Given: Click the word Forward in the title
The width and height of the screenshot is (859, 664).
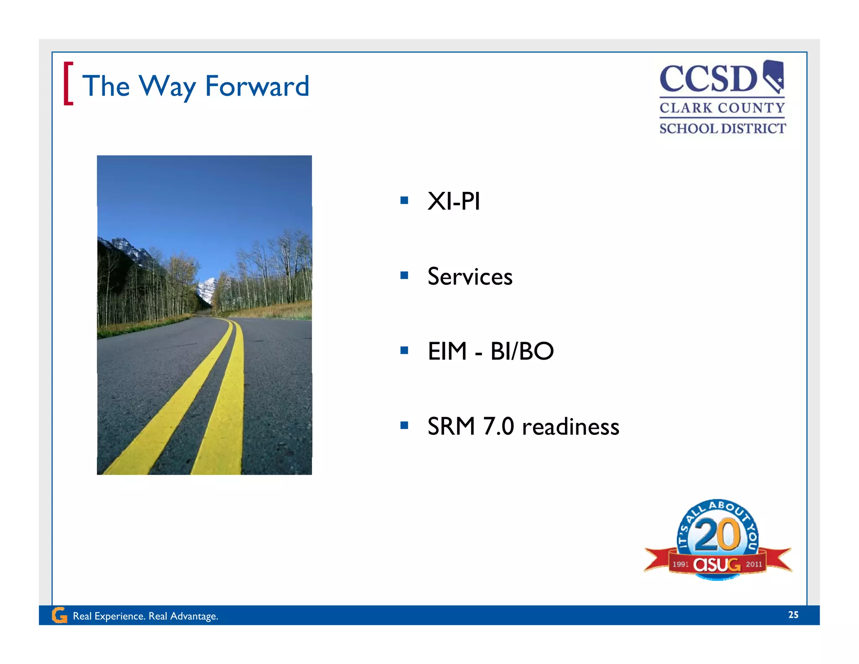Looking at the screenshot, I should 257,86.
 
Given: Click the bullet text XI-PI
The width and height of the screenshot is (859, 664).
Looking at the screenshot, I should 453,201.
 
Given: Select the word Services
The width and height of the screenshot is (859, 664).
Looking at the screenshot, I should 470,277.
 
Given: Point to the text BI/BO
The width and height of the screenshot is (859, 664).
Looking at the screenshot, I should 522,351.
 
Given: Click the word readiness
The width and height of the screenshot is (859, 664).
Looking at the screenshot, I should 570,427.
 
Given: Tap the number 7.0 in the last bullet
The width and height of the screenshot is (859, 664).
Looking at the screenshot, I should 498,426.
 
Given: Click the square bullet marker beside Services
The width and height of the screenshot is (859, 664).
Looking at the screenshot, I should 404,276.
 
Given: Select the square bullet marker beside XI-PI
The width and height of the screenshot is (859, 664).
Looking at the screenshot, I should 404,200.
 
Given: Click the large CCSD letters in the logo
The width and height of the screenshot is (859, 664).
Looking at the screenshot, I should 708,79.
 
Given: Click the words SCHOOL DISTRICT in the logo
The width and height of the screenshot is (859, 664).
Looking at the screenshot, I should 722,128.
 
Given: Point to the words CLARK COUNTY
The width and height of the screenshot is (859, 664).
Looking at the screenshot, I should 722,108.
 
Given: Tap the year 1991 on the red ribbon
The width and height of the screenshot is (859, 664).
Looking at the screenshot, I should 680,565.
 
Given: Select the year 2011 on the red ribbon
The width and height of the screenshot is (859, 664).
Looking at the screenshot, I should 754,564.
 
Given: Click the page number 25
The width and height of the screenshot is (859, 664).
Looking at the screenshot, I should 793,615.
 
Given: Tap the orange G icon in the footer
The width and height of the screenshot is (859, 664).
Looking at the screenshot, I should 59,615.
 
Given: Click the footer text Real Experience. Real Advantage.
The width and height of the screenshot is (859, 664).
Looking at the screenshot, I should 146,616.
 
